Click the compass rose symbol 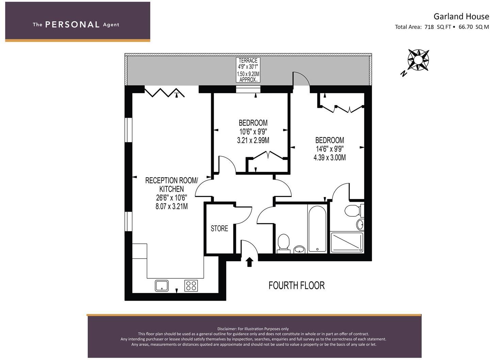coord(418,60)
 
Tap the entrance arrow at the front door coord(250,262)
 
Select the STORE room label coord(219,228)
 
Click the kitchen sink coord(162,285)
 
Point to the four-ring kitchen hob coord(191,285)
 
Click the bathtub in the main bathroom coord(318,228)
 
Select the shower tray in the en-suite coord(347,242)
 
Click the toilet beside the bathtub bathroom coord(283,243)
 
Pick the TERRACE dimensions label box coord(248,70)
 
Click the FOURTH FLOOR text coord(297,285)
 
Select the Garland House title coord(461,16)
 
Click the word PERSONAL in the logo coord(72,24)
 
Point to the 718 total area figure coord(429,27)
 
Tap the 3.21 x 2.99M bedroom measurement coord(253,140)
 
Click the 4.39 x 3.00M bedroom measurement coord(330,158)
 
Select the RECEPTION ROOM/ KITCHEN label coord(171,184)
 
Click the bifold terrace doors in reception coord(165,92)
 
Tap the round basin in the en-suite coord(360,224)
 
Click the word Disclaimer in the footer coord(226,329)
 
